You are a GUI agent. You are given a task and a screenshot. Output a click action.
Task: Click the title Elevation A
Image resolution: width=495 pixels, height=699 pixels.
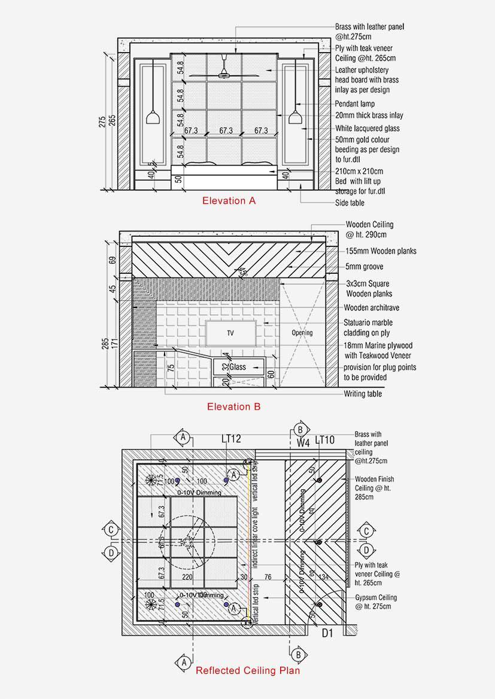(229, 201)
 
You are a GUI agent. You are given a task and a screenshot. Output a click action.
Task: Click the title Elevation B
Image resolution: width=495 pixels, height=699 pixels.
(233, 407)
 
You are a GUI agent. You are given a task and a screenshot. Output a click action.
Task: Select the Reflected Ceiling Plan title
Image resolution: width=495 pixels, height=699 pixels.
(248, 671)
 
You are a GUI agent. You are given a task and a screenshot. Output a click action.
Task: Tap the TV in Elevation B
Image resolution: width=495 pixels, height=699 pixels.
(230, 332)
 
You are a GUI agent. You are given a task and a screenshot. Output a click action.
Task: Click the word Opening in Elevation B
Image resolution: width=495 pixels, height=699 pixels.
(302, 333)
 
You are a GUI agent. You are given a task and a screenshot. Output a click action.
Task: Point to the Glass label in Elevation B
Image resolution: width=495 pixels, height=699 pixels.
(238, 367)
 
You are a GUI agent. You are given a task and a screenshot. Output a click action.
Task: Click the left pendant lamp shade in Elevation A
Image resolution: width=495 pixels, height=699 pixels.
(153, 117)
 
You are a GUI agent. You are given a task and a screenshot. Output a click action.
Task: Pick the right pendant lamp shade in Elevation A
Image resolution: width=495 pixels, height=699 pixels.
(294, 117)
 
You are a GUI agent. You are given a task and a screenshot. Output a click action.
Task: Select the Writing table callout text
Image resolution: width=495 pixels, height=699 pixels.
(362, 394)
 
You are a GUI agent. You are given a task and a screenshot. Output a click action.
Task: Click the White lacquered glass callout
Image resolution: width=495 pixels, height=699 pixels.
(367, 129)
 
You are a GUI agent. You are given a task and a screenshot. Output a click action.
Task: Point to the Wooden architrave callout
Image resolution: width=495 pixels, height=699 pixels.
(371, 308)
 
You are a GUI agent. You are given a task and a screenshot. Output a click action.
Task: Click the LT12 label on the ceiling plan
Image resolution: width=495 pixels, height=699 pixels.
(231, 439)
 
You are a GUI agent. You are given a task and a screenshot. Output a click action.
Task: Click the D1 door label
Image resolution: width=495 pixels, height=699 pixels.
(327, 633)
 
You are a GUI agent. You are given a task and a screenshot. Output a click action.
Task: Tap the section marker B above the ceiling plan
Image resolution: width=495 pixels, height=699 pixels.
(300, 429)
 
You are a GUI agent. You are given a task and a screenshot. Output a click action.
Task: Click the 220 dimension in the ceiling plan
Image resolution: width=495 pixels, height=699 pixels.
(187, 578)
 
